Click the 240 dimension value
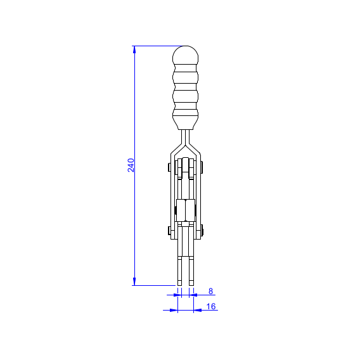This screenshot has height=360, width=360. [x=131, y=165]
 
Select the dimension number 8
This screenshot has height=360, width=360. [x=211, y=291]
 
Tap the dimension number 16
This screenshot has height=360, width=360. [x=211, y=306]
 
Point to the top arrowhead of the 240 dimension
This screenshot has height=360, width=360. [x=134, y=49]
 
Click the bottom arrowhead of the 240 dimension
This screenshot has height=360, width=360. [x=134, y=281]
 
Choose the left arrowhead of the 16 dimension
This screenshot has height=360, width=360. [x=174, y=310]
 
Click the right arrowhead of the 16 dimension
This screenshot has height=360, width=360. [x=198, y=310]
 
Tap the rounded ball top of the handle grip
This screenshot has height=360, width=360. [x=185, y=55]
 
